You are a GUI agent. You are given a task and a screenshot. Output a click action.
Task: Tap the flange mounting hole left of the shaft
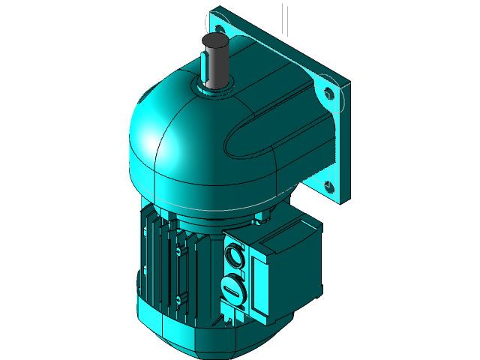(220, 28)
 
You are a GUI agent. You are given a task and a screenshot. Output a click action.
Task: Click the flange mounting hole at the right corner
(328, 93)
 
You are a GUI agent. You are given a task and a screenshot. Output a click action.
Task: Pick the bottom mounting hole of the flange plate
(327, 185)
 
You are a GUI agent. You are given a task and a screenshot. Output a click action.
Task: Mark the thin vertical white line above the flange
(283, 18)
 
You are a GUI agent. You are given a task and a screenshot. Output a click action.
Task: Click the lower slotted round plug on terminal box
(232, 288)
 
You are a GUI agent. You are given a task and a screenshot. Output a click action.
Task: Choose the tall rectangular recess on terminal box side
(259, 286)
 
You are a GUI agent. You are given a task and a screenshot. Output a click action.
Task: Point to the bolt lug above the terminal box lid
(262, 220)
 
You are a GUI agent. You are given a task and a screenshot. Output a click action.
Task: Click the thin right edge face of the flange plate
(346, 142)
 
